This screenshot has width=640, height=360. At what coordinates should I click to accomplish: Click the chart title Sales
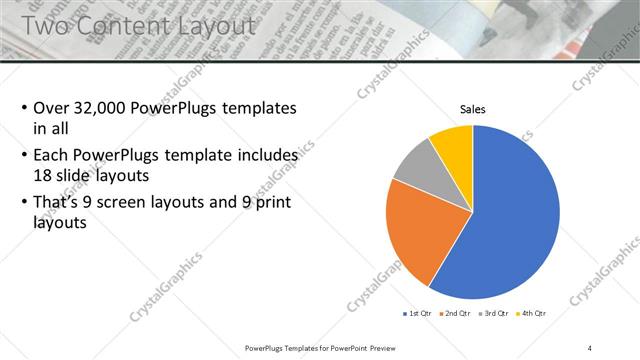[x=473, y=109]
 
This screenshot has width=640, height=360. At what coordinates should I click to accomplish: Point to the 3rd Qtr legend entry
[x=495, y=314]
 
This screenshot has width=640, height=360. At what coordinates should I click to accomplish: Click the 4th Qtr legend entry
[x=532, y=314]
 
